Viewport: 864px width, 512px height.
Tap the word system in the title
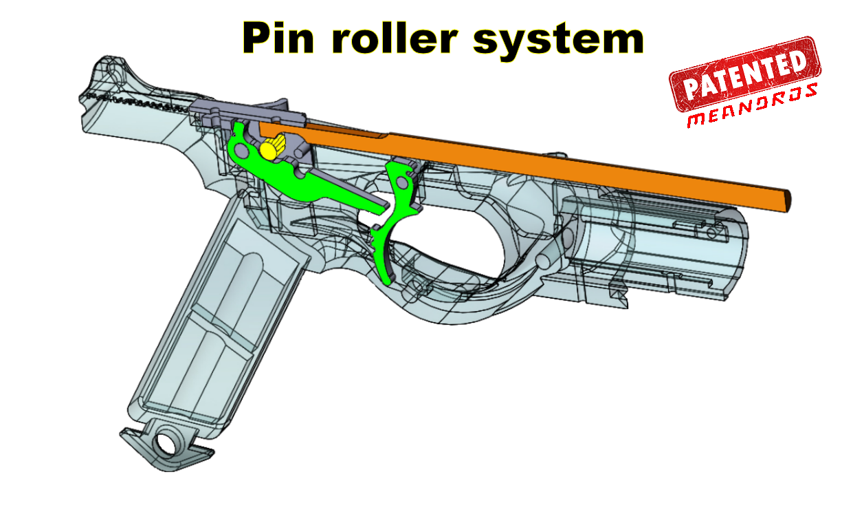coord(558,40)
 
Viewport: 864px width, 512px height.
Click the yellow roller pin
coord(273,147)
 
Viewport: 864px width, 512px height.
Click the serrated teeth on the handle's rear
coord(137,104)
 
